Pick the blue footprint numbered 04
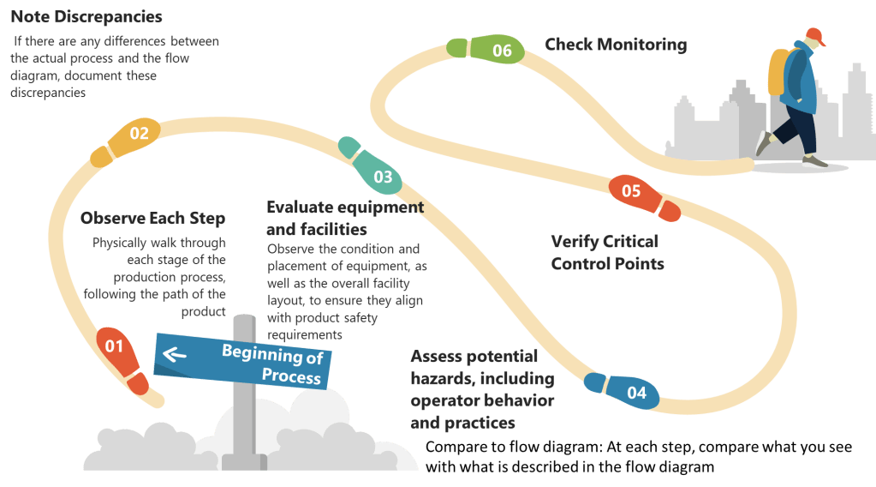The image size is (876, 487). point(623,389)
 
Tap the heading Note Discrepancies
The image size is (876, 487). point(86,16)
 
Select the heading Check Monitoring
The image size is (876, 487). point(616,45)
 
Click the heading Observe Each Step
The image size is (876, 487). point(152,218)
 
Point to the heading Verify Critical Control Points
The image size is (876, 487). point(605,252)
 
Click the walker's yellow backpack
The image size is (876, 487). point(778,74)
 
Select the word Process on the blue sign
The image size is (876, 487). point(291,376)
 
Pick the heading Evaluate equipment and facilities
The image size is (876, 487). point(344,218)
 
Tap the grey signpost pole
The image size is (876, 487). point(243,429)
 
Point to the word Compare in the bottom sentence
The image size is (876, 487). point(454,448)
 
